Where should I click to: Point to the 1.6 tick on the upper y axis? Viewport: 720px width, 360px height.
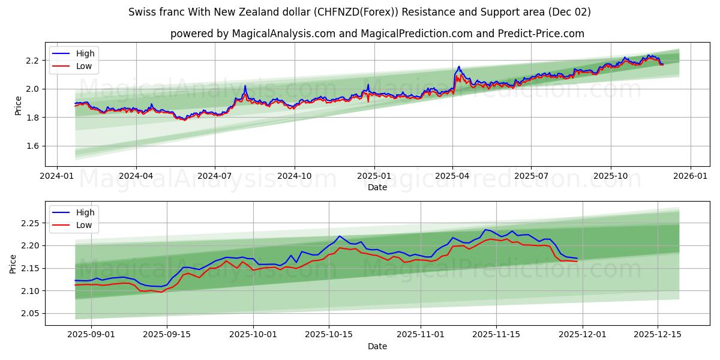tap(32, 146)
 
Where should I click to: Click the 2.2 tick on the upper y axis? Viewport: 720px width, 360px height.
tap(32, 61)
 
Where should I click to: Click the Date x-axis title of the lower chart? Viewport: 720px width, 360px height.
tap(377, 346)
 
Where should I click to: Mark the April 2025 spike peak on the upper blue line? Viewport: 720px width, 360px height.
tap(459, 67)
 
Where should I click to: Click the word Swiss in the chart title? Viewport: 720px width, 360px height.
tap(142, 12)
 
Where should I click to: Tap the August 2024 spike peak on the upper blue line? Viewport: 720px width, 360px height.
tap(245, 86)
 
